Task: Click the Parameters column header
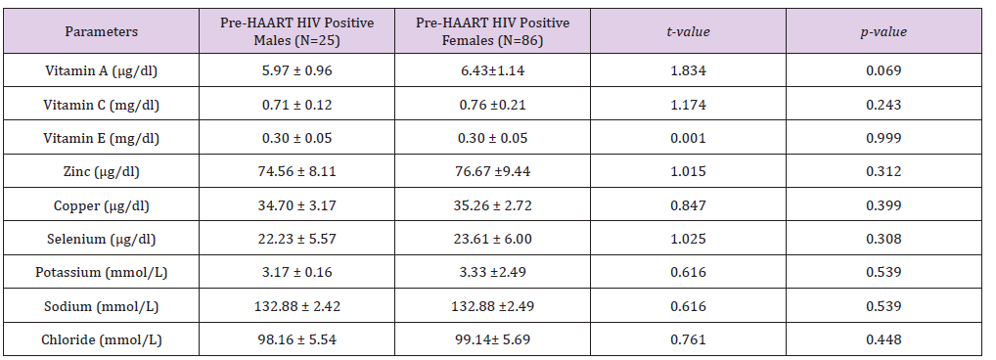101,31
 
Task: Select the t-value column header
688,31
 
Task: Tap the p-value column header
883,31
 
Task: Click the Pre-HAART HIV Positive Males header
296,31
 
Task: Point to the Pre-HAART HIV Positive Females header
492,31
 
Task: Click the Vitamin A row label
101,70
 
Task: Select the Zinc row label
101,171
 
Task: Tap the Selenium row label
101,239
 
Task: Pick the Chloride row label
101,339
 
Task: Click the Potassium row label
101,272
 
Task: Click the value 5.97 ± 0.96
296,70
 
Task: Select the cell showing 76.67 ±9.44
492,171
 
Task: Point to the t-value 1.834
688,70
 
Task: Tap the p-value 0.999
883,138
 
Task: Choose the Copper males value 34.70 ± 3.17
296,205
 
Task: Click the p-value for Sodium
883,306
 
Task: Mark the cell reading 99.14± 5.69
492,339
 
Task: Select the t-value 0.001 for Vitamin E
688,138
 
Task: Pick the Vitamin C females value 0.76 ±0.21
492,104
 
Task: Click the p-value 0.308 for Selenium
883,239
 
